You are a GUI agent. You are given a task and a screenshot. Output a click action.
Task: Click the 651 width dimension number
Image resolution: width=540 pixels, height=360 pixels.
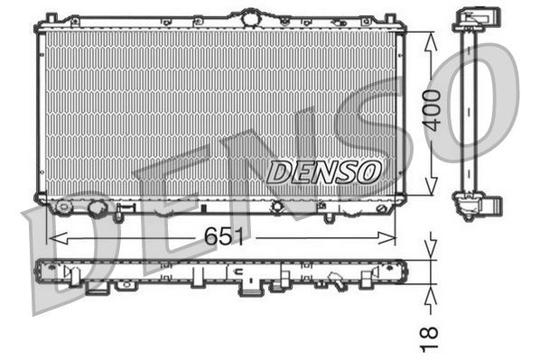(x=221, y=238)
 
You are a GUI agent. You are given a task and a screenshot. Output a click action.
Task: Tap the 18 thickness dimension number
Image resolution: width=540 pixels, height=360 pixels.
(x=432, y=334)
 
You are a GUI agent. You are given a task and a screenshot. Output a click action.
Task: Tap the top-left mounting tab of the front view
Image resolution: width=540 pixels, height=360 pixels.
(x=51, y=19)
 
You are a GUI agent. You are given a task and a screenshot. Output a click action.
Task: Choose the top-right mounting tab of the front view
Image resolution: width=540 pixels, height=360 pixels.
(x=389, y=19)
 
